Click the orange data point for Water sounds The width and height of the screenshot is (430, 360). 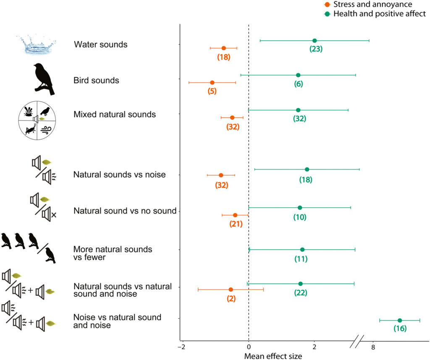[x=223, y=48]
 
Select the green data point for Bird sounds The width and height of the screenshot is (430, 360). [x=298, y=75]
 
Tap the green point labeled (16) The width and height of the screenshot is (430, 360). [x=400, y=321]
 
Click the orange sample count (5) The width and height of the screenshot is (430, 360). [x=212, y=91]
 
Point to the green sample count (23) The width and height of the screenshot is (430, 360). [x=316, y=49]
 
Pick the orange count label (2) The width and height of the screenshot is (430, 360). [x=231, y=299]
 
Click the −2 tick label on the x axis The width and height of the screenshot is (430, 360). [x=181, y=347]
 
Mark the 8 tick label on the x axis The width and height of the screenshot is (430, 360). [x=373, y=347]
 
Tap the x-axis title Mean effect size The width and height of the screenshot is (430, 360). [x=273, y=356]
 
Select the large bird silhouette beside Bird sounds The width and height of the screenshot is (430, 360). [x=44, y=79]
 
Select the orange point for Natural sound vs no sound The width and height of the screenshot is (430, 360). [x=235, y=215]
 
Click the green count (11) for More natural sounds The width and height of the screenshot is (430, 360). [x=301, y=259]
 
